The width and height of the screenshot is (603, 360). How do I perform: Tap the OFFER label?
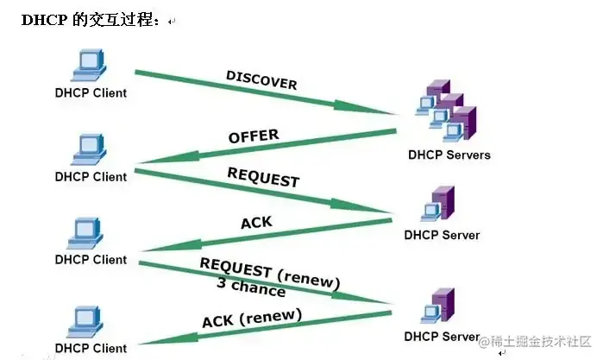coord(254,136)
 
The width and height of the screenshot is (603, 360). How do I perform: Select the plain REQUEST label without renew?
coord(263,177)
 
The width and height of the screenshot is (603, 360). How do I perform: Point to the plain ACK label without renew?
coord(256,223)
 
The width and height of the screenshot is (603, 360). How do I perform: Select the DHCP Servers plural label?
coord(449,155)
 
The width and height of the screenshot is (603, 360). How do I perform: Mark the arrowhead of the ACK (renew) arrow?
coord(147,342)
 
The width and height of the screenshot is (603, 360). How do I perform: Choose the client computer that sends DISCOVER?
coord(90,65)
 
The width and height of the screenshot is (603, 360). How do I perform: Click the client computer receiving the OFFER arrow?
coord(90,148)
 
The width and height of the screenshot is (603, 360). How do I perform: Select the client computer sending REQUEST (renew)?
coord(90,232)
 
